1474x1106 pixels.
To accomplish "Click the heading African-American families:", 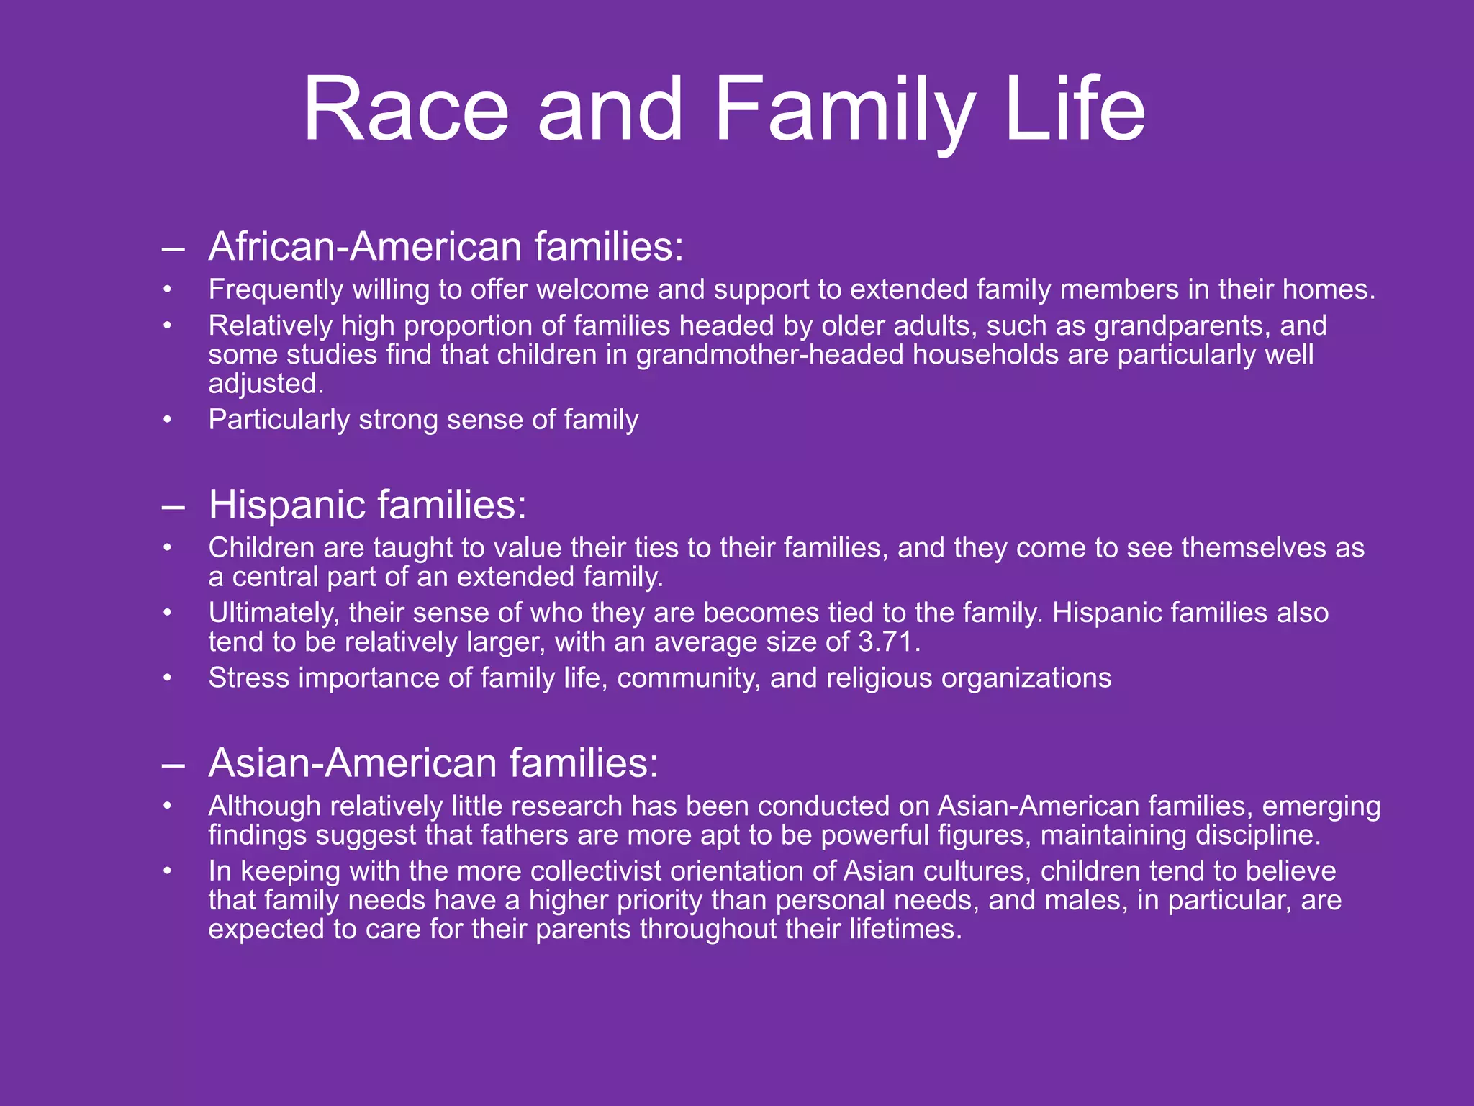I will pos(446,246).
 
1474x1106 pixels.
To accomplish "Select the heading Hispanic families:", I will pos(367,504).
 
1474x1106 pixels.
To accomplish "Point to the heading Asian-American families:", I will pos(433,763).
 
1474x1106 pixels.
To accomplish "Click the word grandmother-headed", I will pos(769,355).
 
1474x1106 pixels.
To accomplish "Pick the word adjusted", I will pos(266,384).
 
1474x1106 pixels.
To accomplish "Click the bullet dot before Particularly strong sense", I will pos(167,420).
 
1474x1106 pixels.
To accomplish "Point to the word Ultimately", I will pos(274,613).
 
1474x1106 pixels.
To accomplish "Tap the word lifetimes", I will pos(905,929).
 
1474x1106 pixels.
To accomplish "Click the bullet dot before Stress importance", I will pos(167,678).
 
